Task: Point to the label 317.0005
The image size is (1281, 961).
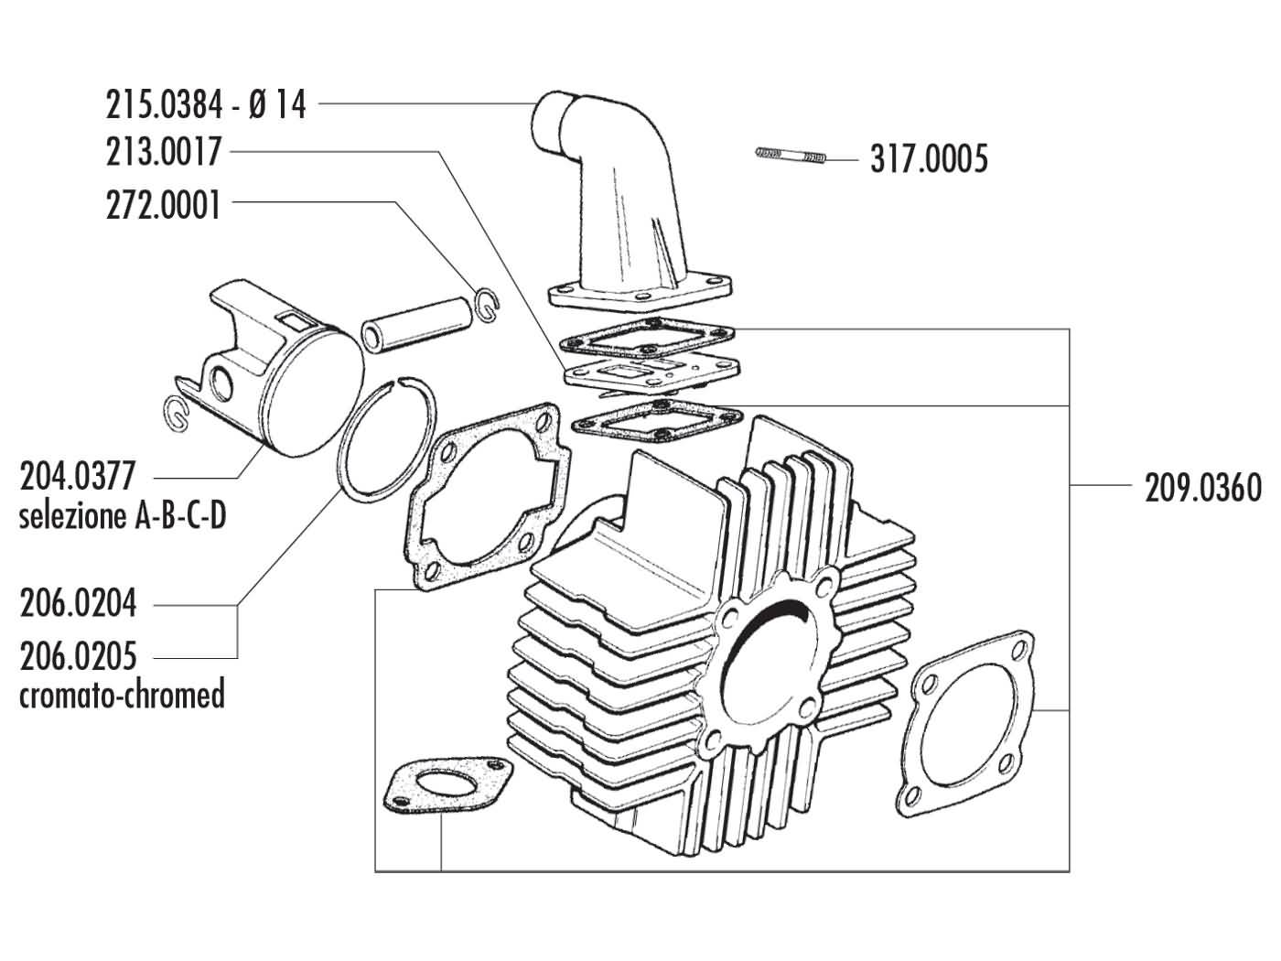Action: pyautogui.click(x=929, y=161)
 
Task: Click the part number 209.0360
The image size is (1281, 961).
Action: pyautogui.click(x=1203, y=488)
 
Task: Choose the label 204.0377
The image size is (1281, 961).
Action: pyautogui.click(x=77, y=477)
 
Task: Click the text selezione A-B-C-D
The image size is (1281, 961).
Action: pyautogui.click(x=123, y=517)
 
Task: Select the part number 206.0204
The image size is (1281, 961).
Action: pyautogui.click(x=78, y=604)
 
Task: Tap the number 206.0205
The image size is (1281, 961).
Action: pyautogui.click(x=78, y=656)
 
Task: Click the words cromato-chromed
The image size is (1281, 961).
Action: pyautogui.click(x=123, y=695)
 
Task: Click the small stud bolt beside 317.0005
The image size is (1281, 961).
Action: pyautogui.click(x=792, y=157)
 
